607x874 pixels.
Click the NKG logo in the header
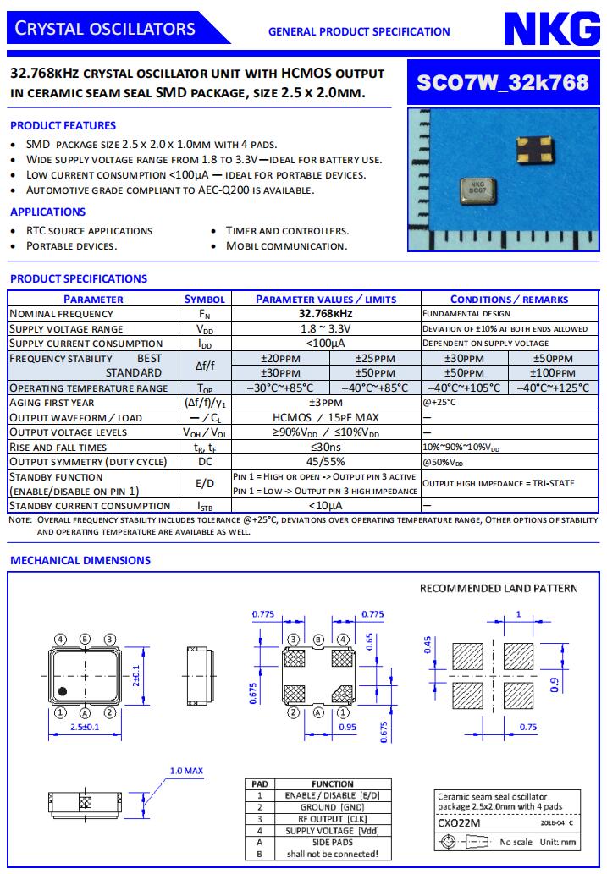(x=552, y=29)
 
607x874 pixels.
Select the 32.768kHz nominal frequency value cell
(x=326, y=314)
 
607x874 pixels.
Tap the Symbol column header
(x=205, y=299)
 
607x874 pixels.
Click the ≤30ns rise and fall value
(x=326, y=447)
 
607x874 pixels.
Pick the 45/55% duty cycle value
(x=326, y=462)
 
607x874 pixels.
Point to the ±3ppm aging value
(x=326, y=403)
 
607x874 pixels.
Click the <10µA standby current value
(x=326, y=506)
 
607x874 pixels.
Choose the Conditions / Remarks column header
(x=509, y=299)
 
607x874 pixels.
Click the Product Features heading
(x=63, y=125)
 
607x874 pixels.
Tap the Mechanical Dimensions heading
(x=80, y=560)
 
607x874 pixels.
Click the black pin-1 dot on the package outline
(x=63, y=692)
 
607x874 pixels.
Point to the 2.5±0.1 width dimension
(x=86, y=728)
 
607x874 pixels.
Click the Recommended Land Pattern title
(x=499, y=588)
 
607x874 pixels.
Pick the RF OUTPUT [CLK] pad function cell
(x=333, y=819)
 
